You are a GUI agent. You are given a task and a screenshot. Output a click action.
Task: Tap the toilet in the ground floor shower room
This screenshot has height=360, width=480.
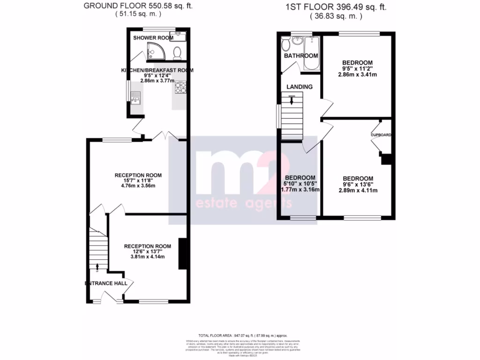pyautogui.click(x=178, y=52)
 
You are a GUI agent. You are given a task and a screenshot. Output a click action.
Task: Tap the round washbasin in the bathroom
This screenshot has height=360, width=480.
pyautogui.click(x=297, y=41)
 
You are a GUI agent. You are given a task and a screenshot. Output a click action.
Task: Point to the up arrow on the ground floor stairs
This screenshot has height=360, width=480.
pyautogui.click(x=97, y=267)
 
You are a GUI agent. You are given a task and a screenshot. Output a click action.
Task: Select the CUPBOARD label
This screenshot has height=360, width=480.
pyautogui.click(x=381, y=135)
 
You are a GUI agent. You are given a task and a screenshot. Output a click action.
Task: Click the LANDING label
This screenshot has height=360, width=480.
pyautogui.click(x=300, y=87)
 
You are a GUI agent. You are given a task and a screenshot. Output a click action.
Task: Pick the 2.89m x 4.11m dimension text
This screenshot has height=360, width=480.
pyautogui.click(x=358, y=190)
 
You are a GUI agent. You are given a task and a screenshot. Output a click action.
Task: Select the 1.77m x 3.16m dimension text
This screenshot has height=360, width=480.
pyautogui.click(x=300, y=190)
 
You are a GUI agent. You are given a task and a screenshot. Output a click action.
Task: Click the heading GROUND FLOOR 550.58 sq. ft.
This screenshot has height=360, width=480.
pyautogui.click(x=138, y=6)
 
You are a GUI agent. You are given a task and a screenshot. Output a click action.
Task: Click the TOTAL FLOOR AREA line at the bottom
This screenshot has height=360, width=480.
pyautogui.click(x=242, y=335)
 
